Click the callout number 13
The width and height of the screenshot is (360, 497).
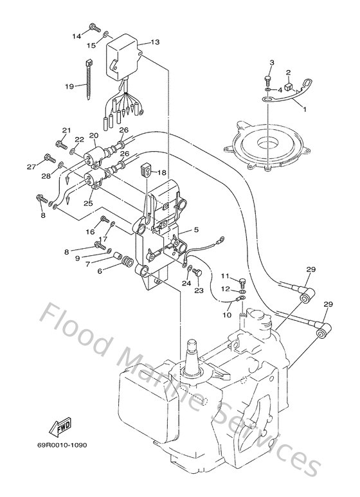156,42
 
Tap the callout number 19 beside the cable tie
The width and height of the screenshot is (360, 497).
69,86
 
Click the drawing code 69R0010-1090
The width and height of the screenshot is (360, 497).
62,445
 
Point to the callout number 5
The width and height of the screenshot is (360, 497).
196,230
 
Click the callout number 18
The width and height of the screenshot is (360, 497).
161,172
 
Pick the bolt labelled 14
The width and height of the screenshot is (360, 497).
95,28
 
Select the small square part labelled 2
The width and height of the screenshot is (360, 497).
289,87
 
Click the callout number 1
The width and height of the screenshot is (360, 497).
305,109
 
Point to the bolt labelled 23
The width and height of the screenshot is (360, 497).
198,272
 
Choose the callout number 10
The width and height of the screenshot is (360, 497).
227,315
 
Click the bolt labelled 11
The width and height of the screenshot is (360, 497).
242,282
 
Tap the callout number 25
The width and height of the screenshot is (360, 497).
89,203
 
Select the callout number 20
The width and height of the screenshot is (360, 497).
93,136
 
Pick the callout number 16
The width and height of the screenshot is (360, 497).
90,232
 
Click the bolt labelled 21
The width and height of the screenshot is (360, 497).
62,145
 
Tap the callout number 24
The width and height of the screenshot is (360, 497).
186,283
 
